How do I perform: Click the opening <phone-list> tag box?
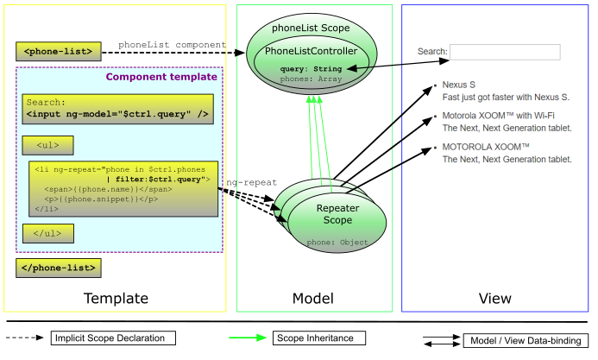point(59,53)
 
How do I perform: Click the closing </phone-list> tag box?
point(59,268)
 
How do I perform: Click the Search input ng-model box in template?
point(118,108)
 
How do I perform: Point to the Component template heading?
point(161,77)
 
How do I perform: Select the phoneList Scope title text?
point(311,28)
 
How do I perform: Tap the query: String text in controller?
point(311,68)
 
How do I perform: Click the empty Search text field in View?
point(505,52)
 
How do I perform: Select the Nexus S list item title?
point(459,85)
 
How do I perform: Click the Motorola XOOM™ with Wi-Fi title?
point(498,116)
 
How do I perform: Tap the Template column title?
point(116,299)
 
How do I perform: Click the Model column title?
point(313,299)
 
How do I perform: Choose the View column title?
point(496,299)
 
